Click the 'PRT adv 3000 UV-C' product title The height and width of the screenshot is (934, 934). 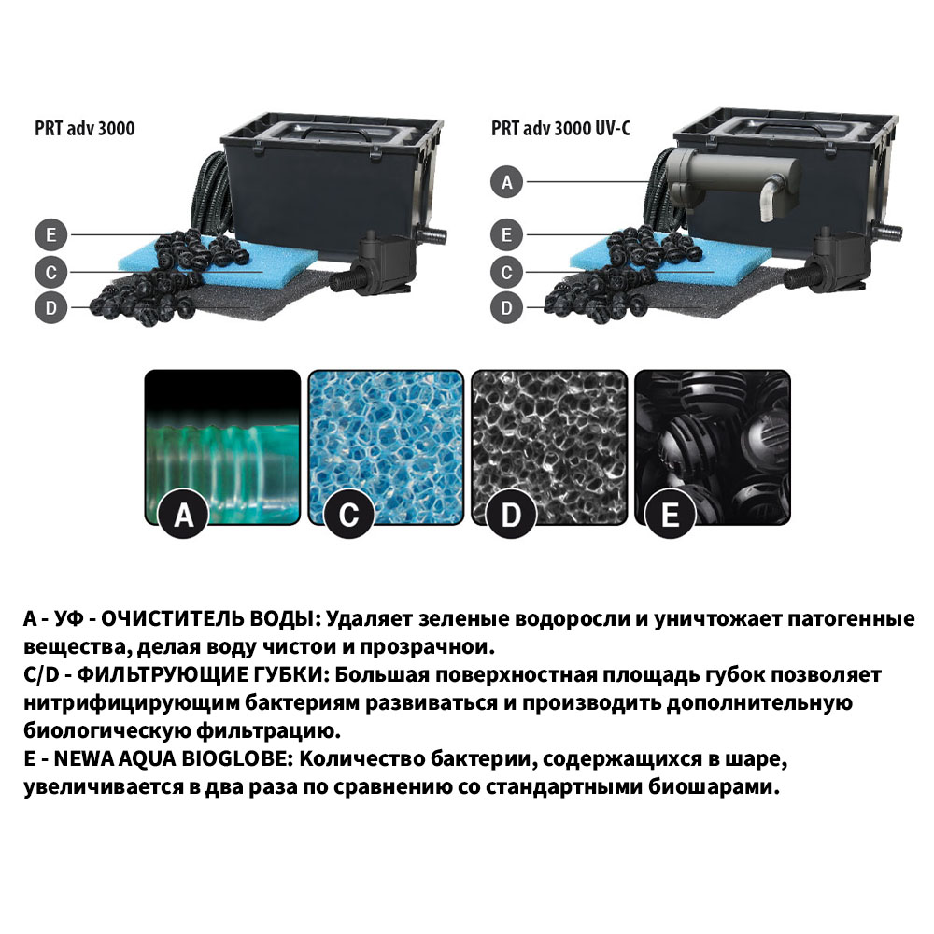[x=560, y=128]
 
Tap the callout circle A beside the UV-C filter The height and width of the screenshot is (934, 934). [x=506, y=182]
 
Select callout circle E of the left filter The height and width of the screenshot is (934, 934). [x=51, y=234]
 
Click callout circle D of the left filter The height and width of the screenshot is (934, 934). [x=51, y=307]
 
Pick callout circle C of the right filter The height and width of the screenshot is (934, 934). [x=506, y=272]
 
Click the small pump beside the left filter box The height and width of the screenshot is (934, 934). [x=375, y=264]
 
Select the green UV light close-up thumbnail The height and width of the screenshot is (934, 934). [x=222, y=446]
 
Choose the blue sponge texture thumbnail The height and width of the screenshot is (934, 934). [x=386, y=446]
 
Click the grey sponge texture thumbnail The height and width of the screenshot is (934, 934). [x=549, y=446]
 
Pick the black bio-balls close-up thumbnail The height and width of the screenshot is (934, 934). [x=713, y=446]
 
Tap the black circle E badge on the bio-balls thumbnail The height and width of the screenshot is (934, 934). [x=670, y=514]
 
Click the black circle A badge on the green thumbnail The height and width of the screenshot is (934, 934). [x=183, y=514]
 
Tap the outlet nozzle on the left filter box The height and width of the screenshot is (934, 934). [x=433, y=235]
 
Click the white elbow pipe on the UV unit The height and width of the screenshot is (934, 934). [x=770, y=198]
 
